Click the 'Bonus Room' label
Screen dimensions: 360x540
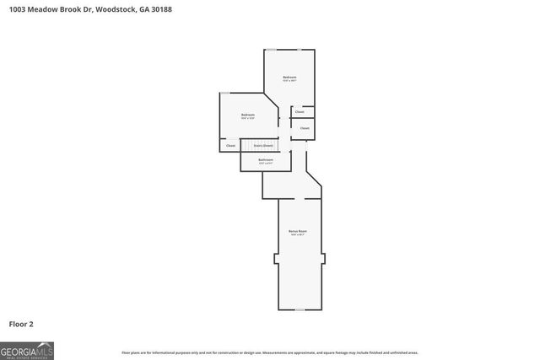298,230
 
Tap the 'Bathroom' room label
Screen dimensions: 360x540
266,159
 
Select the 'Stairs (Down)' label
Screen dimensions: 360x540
264,146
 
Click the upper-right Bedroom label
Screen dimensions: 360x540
289,77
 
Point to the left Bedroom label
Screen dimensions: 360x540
248,115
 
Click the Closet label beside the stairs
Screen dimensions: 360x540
230,146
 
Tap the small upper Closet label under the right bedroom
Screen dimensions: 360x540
300,111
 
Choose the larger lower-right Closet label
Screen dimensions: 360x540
305,128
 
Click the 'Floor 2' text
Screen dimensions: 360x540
21,324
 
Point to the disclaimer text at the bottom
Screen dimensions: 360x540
270,352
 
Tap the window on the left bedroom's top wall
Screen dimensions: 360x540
225,93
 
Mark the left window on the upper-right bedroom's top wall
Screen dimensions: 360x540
272,49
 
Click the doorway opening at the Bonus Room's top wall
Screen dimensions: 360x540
300,200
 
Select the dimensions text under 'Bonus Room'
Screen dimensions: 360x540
298,234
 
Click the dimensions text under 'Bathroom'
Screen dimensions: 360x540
266,163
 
